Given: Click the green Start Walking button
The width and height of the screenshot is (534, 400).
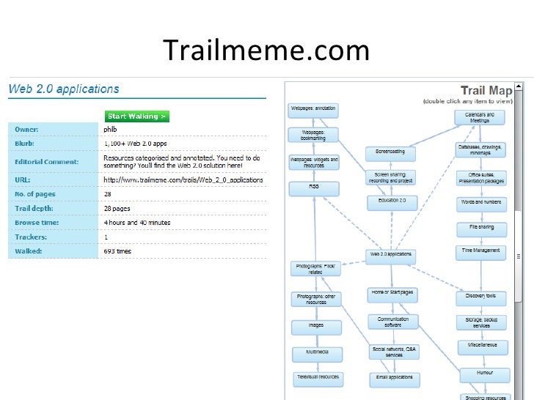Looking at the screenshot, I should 136,116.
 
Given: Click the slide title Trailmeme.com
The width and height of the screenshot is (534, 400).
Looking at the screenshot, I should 266,51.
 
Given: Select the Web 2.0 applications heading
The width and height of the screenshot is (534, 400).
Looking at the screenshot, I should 63,89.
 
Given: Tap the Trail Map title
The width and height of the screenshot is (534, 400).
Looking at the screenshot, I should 490,91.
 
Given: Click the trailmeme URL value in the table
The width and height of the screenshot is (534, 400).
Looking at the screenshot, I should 183,179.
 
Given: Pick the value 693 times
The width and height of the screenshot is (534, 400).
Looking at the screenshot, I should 118,251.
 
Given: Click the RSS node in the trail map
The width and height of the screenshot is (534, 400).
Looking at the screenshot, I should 314,188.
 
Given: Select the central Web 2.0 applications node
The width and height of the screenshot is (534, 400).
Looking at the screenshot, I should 391,255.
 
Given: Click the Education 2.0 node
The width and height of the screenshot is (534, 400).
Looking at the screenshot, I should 392,200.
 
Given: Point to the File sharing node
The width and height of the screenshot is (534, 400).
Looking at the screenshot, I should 480,228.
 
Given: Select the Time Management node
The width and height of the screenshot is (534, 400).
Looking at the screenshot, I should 480,251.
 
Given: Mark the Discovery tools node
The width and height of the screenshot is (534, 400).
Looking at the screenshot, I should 480,297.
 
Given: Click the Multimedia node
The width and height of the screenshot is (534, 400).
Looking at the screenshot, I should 317,352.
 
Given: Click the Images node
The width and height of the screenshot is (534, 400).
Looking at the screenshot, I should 316,326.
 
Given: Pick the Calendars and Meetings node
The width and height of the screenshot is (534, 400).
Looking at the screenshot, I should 480,116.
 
